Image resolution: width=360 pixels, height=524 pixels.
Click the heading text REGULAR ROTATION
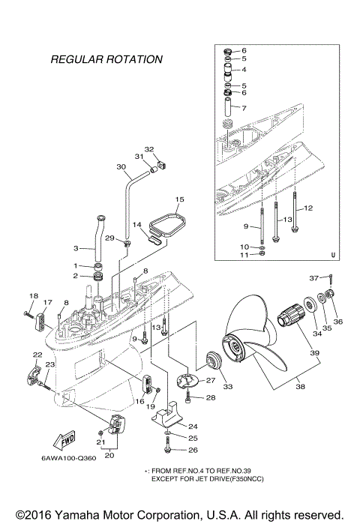[106, 58]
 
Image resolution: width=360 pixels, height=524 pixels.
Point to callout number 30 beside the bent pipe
[121, 167]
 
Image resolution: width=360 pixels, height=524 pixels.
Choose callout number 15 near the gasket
[179, 200]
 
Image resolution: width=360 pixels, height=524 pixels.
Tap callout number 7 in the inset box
[243, 107]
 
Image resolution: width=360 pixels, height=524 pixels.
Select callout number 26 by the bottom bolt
[193, 450]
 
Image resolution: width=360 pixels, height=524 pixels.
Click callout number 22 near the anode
[37, 354]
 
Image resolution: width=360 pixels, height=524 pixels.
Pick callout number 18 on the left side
[33, 296]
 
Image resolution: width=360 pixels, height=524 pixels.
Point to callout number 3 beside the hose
[76, 248]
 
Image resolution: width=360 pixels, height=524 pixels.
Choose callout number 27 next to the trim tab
[211, 380]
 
